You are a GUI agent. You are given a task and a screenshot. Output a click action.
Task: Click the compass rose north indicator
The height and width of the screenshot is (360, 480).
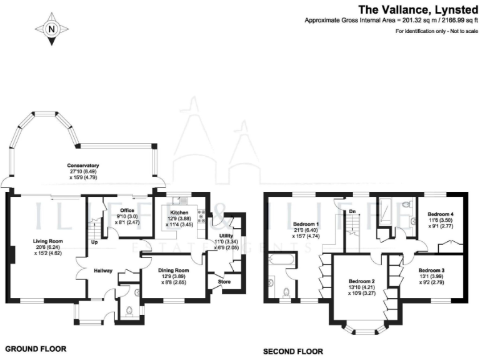click(51, 28)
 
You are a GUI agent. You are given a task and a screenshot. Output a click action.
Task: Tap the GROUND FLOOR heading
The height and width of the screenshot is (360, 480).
click(35, 348)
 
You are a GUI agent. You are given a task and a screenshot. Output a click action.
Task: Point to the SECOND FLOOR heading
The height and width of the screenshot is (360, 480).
click(293, 352)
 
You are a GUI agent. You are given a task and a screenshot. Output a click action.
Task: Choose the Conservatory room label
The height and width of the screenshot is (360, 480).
click(84, 166)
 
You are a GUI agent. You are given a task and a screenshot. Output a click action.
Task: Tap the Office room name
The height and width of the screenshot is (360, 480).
click(127, 210)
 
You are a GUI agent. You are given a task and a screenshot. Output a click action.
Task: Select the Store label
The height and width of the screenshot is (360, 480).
click(224, 282)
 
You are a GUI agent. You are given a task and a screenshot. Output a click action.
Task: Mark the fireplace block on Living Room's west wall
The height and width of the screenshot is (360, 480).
click(11, 255)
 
